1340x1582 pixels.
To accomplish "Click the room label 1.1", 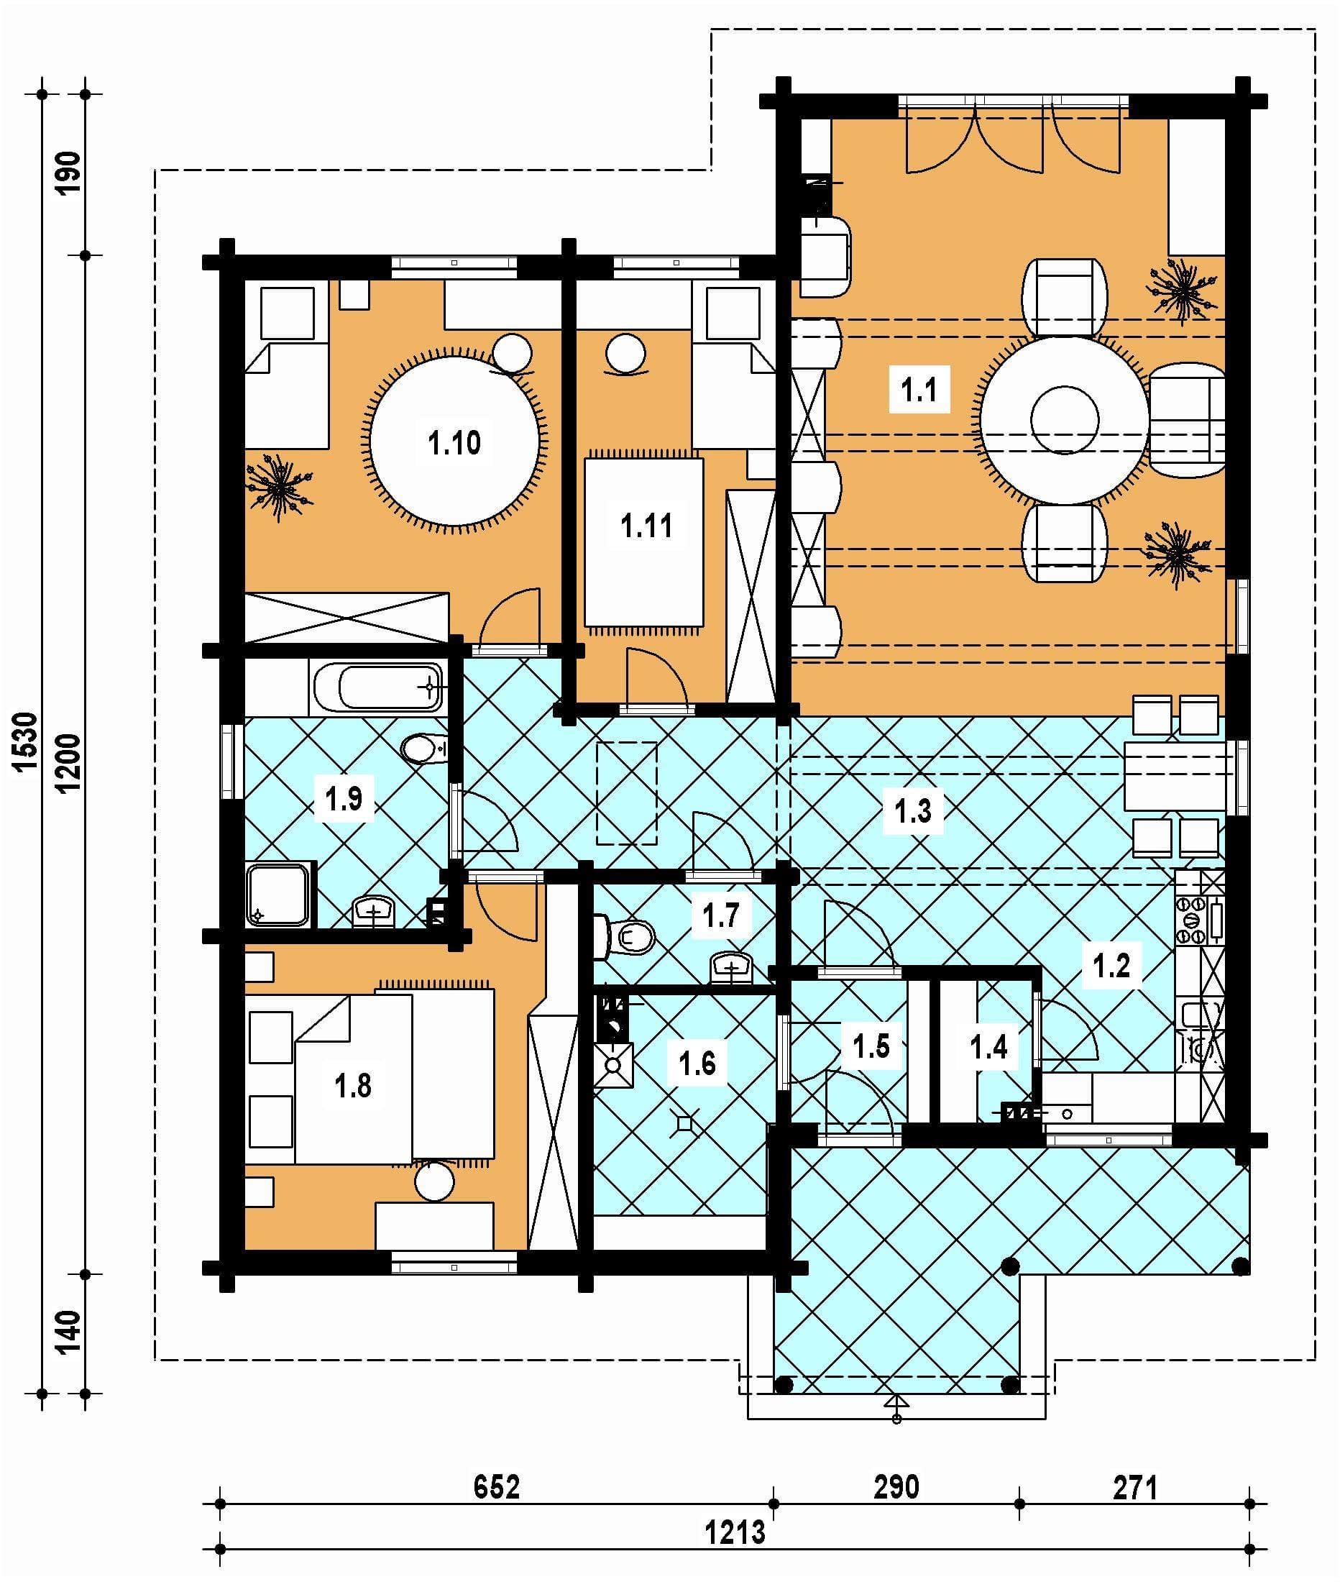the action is pos(919,390).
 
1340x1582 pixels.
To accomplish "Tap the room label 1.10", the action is pos(454,442).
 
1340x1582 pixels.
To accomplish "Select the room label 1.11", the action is pos(646,525).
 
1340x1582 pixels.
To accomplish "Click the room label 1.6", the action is pos(697,1062).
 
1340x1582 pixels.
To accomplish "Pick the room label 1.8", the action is pos(353,1086).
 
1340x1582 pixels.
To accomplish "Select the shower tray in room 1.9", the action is pos(279,895).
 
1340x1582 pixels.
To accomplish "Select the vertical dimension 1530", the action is pos(26,741).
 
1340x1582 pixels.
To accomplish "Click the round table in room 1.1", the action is pos(1064,419).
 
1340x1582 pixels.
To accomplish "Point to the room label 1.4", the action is pos(988,1047).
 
